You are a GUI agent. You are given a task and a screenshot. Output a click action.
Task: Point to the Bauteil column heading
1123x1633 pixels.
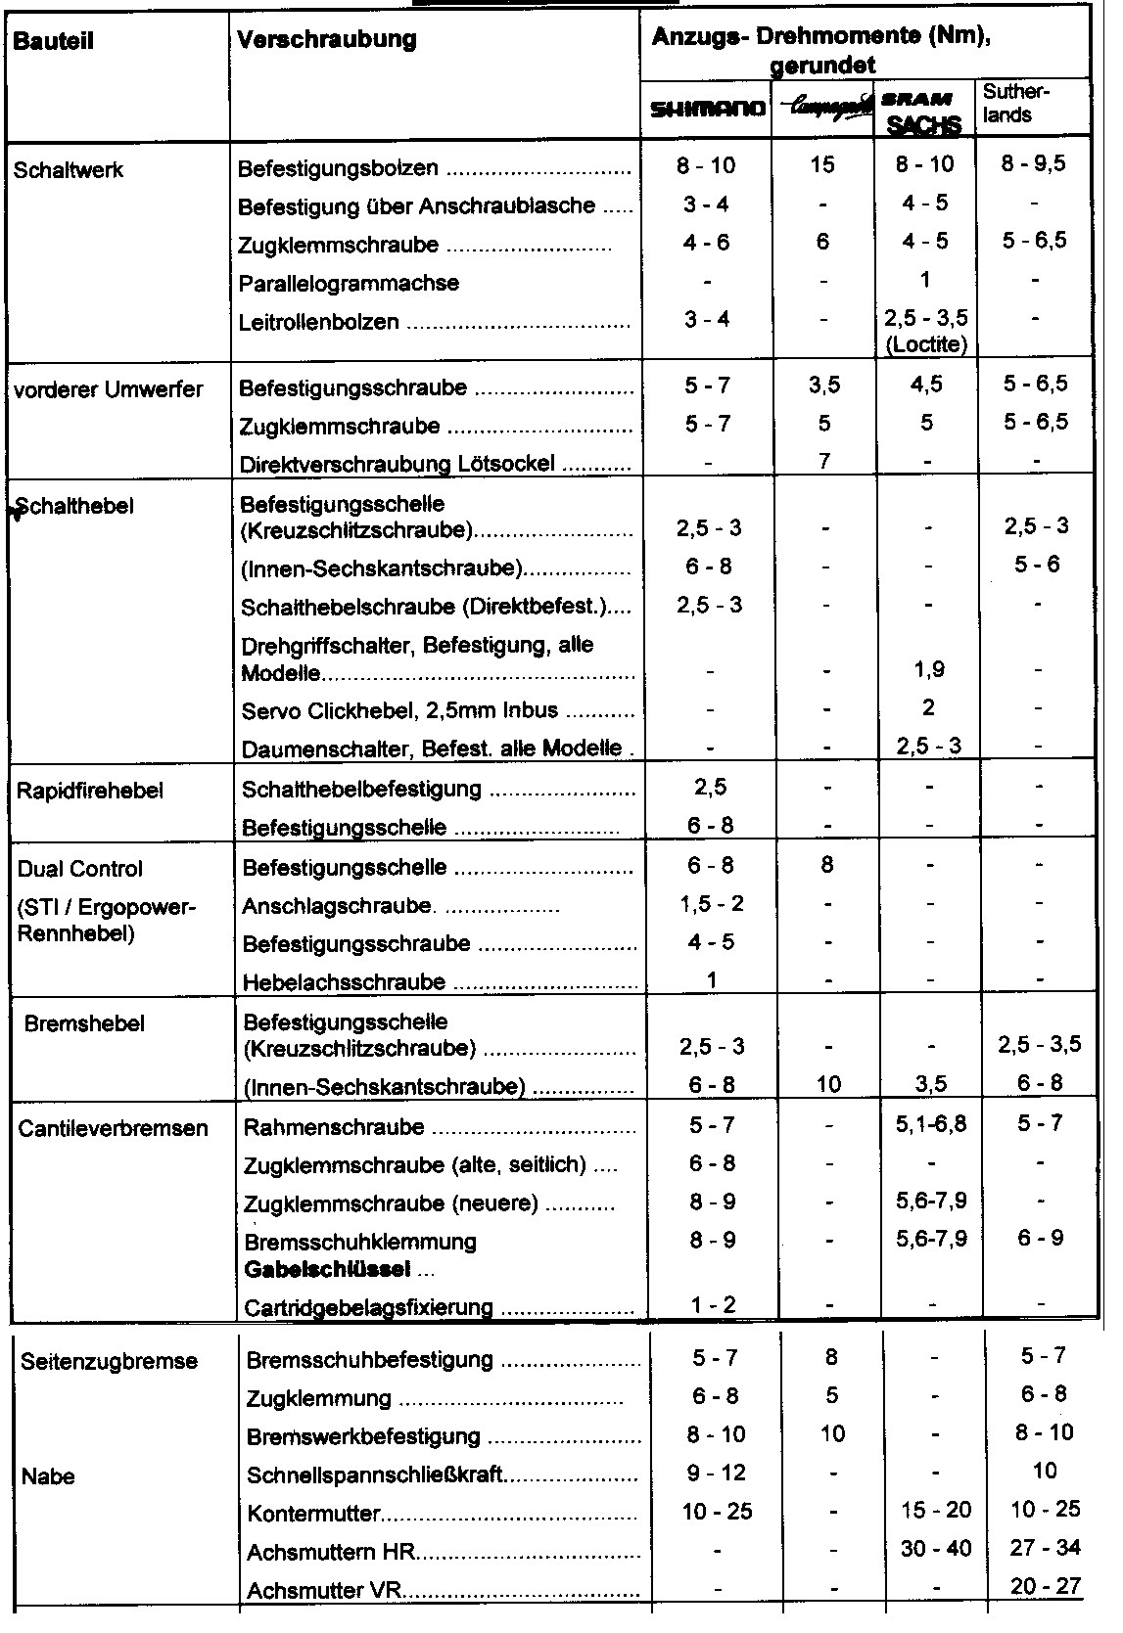click(54, 42)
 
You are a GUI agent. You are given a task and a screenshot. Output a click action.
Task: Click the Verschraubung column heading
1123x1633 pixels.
click(327, 39)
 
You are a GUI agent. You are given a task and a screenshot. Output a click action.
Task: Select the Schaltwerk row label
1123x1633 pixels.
click(69, 169)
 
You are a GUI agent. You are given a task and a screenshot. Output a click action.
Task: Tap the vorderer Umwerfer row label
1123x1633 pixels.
click(109, 389)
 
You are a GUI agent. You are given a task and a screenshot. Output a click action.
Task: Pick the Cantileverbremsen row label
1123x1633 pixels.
click(113, 1128)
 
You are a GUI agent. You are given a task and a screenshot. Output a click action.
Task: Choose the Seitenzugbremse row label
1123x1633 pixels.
click(109, 1361)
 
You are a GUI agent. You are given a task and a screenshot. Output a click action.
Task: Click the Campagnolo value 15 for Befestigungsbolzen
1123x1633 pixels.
click(822, 164)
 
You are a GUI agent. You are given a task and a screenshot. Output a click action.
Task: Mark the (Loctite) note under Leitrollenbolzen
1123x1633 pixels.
click(925, 343)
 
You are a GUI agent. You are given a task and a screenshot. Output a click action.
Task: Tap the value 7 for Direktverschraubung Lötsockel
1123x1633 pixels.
click(824, 461)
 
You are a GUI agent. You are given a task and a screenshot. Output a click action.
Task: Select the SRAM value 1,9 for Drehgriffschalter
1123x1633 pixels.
click(926, 670)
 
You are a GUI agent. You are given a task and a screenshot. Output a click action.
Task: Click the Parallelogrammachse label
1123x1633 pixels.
click(349, 284)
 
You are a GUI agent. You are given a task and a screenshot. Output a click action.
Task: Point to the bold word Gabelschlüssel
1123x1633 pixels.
click(326, 1270)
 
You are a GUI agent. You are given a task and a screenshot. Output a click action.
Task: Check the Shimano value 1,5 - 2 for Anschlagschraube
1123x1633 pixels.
click(711, 904)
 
